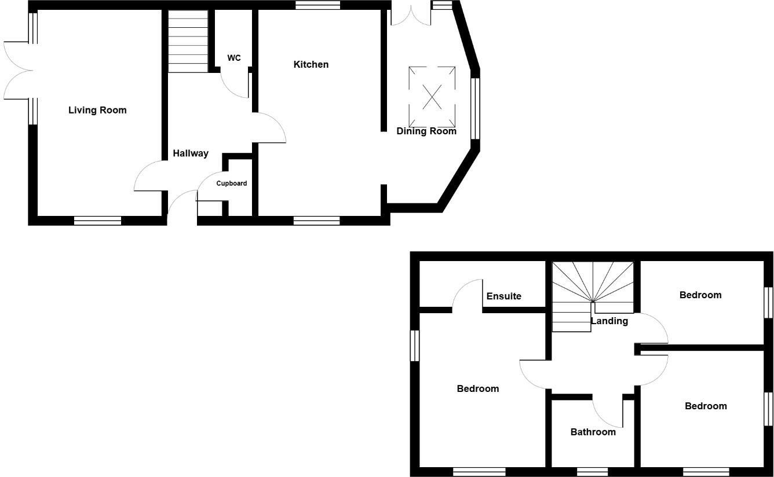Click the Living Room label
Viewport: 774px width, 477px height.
[x=97, y=110]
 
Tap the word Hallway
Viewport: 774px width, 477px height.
[x=191, y=153]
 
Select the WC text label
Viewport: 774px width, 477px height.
[x=234, y=58]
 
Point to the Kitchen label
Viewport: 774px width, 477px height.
[x=311, y=64]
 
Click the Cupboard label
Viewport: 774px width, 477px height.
[x=232, y=184]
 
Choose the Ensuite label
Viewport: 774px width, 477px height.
[x=503, y=296]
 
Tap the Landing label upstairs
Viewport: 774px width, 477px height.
[x=609, y=321]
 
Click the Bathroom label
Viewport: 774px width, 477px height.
[x=593, y=432]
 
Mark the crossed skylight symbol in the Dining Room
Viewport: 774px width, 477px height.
[x=432, y=97]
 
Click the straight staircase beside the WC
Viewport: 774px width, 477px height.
[x=188, y=42]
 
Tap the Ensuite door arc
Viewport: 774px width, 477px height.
[x=466, y=294]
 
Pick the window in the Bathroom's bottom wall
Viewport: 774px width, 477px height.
[x=592, y=472]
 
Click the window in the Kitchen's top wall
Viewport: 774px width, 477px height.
[x=317, y=5]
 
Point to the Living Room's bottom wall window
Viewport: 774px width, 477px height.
[x=97, y=221]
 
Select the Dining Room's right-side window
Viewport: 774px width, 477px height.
[x=475, y=109]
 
